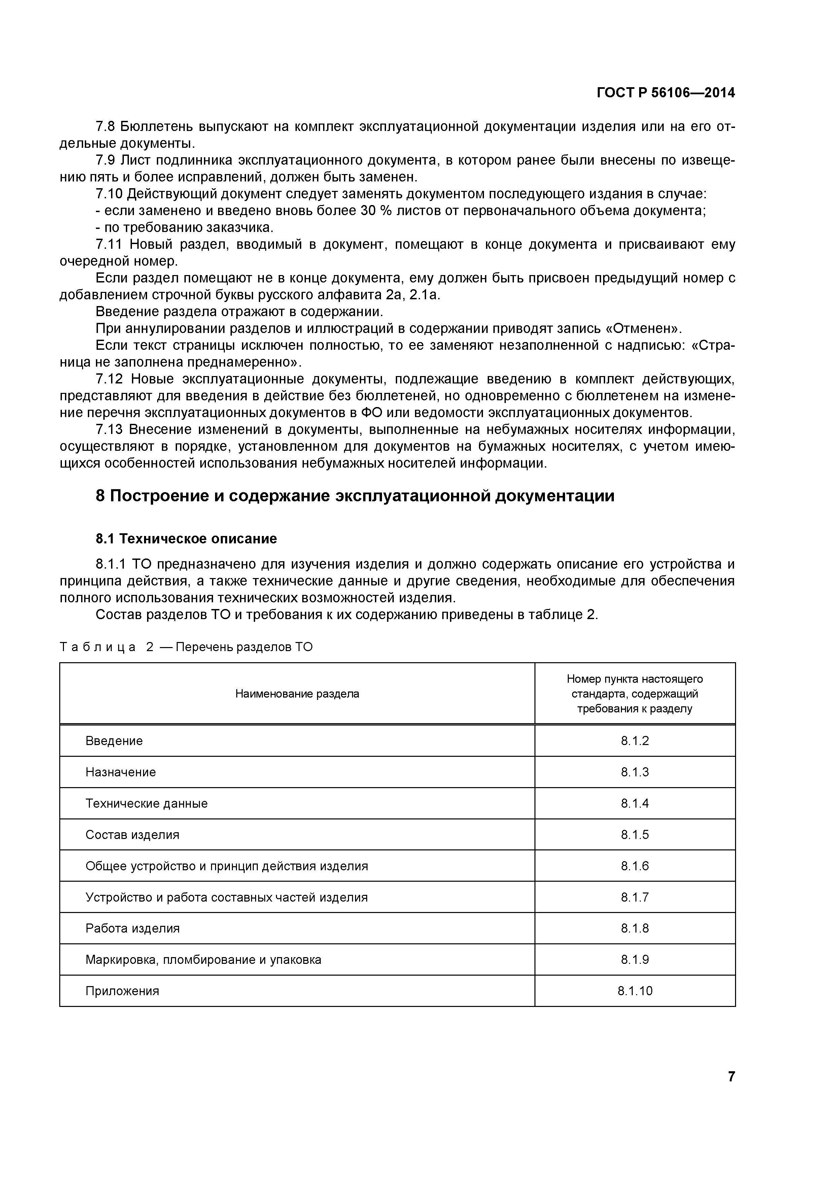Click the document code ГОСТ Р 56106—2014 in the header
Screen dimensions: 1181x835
point(665,93)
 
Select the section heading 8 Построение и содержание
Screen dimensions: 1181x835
point(355,496)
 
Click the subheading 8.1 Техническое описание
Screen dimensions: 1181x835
point(186,539)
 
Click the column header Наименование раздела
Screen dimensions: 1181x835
point(297,694)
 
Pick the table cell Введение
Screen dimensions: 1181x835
point(114,741)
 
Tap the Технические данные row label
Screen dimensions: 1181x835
point(146,804)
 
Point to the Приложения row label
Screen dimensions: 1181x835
point(123,991)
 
